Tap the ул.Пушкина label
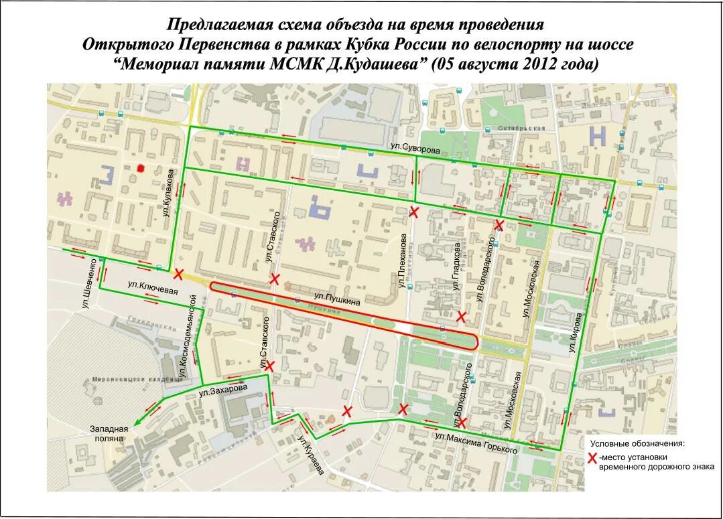tap(337, 298)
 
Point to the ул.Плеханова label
tap(403, 261)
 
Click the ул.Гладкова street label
tap(456, 267)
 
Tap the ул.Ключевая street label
tap(153, 286)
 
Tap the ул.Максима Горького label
tap(476, 443)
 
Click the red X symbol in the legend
tap(592, 458)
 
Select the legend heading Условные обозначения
tap(637, 443)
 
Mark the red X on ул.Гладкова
tap(461, 316)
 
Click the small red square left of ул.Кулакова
tap(141, 168)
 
